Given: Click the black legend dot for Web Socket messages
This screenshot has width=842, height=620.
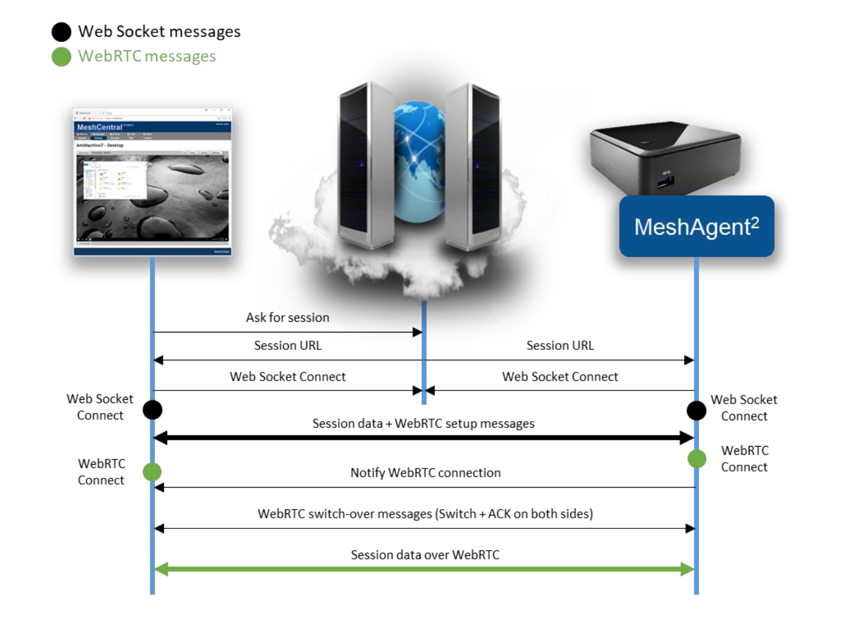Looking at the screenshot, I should pos(61,32).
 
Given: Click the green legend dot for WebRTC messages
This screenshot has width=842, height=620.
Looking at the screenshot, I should pos(61,57).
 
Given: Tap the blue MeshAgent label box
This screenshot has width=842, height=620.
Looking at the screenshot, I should pos(696,226).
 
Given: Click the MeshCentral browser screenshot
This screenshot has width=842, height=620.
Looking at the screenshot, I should pos(153,182).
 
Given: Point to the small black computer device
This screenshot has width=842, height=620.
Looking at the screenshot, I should pos(665,156).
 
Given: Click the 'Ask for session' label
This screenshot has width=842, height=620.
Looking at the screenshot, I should pos(287,317).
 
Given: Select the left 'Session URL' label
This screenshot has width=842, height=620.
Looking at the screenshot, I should pos(287,346).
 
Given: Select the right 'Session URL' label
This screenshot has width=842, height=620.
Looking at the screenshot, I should pos(560,346).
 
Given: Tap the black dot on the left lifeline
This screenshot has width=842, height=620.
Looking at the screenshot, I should pos(153,410).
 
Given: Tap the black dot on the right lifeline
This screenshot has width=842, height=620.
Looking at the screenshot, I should pos(696,410).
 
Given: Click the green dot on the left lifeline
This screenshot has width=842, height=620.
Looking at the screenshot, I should pos(152,472).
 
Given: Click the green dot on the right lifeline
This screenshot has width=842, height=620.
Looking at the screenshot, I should pos(697,459).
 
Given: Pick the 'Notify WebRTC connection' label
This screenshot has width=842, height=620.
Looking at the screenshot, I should pos(425,473).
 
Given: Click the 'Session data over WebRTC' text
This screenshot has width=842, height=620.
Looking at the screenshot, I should pos(425,555).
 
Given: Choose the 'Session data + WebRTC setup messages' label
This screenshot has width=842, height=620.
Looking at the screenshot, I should pos(423,424).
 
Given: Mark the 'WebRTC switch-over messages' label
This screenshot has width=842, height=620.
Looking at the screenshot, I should pos(425,514).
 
